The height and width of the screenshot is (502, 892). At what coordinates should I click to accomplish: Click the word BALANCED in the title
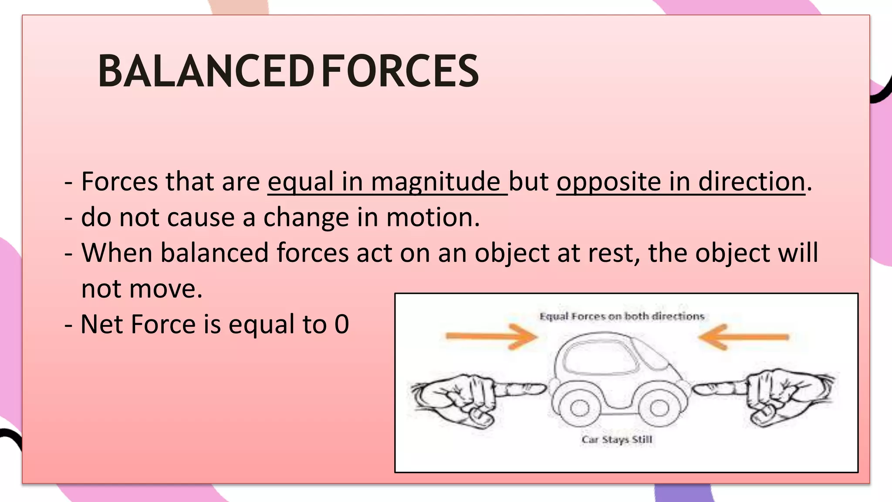(x=206, y=71)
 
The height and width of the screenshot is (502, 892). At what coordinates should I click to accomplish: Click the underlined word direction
(x=752, y=181)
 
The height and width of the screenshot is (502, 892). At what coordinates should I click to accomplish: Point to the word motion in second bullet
(x=433, y=217)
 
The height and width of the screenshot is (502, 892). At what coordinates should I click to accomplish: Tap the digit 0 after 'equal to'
(x=342, y=324)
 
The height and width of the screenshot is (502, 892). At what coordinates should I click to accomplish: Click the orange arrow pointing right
(x=492, y=336)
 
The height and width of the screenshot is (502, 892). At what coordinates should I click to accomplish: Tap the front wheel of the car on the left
(x=579, y=408)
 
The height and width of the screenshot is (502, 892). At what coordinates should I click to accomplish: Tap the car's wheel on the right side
(x=659, y=408)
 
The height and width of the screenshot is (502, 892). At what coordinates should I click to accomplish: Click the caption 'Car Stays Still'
(x=617, y=439)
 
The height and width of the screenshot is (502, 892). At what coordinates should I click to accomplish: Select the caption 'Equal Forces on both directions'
(x=622, y=316)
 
